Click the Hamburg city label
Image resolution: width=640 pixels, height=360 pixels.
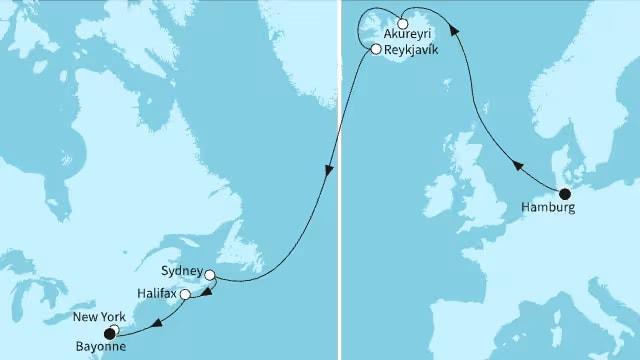click(547, 208)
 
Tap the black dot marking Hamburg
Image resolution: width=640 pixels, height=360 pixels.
click(564, 194)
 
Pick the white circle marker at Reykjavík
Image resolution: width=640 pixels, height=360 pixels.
click(375, 49)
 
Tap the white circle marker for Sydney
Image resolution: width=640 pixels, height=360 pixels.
click(210, 274)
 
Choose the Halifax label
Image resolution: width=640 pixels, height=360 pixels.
click(158, 295)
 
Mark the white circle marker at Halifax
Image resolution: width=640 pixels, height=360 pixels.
click(185, 295)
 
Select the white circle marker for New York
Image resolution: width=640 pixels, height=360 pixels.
click(114, 330)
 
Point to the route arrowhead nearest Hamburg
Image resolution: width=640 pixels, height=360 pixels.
click(517, 167)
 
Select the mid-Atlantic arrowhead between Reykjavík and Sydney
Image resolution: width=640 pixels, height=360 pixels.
click(328, 175)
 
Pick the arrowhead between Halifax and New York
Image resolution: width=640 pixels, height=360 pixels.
click(159, 322)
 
